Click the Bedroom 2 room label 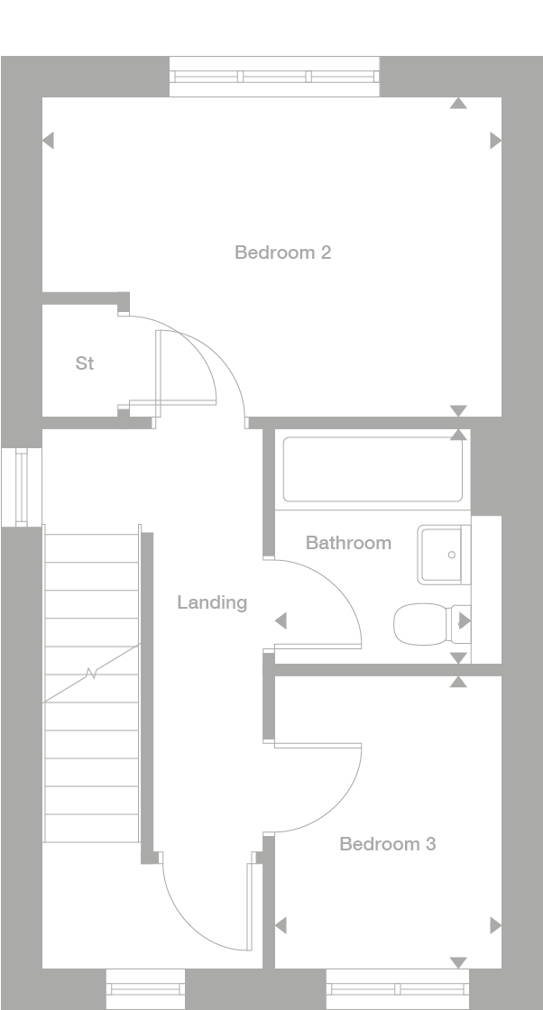coord(282,252)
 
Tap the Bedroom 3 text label coord(387,844)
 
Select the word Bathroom coord(348,543)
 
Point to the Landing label coord(211,602)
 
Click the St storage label coord(85,363)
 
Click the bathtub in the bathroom coord(373,469)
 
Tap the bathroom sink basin coord(443,555)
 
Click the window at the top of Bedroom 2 coord(274,78)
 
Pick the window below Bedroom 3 coord(398,989)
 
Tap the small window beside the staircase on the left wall coord(22,486)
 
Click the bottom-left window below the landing coord(145,989)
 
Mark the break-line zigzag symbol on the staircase coord(91,673)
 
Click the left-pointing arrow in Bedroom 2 coord(48,141)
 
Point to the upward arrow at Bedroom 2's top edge coord(458,104)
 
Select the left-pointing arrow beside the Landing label coord(281,620)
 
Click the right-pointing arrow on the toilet coord(465,620)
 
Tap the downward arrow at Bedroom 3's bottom coord(458,962)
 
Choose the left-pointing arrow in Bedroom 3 coord(281,925)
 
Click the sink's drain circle coord(452,555)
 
